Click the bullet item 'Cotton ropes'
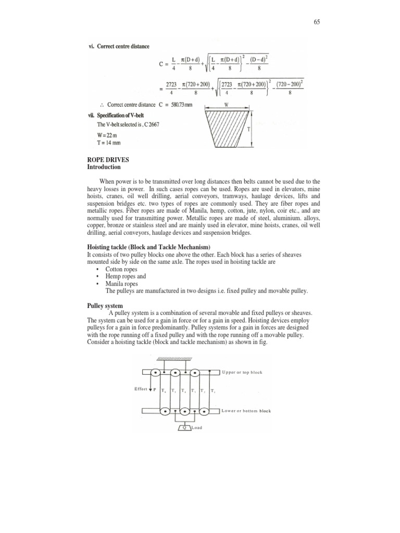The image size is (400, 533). point(121,269)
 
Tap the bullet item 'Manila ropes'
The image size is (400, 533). point(121,284)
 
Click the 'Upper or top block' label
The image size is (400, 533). point(242,372)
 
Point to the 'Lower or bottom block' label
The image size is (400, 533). point(246,411)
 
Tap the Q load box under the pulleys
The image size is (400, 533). point(184,427)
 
